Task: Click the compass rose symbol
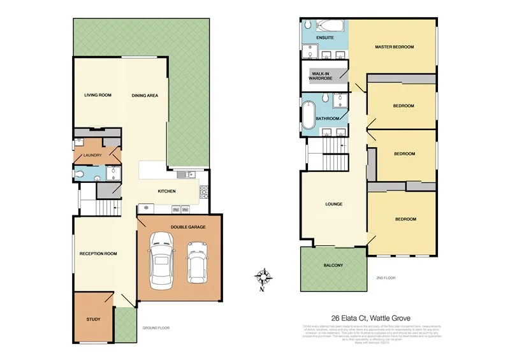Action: click(263, 278)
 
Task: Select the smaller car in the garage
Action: click(198, 263)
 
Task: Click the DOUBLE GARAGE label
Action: click(187, 227)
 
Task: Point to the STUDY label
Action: click(93, 319)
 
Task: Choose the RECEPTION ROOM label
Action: click(98, 254)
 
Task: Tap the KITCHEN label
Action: click(166, 191)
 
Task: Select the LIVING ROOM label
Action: click(98, 95)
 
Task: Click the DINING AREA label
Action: click(145, 96)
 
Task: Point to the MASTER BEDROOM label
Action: click(395, 47)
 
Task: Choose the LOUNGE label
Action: click(333, 205)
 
